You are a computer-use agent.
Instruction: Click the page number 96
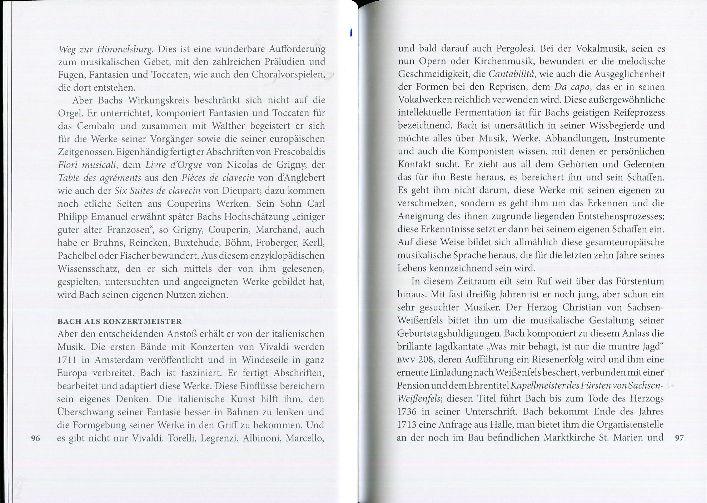[35, 438]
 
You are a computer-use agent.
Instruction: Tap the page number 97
[679, 438]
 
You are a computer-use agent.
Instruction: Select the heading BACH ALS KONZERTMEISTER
[120, 321]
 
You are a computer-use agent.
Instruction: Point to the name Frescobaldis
[299, 152]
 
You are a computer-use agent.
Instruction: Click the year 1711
[67, 360]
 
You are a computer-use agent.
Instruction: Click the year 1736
[407, 412]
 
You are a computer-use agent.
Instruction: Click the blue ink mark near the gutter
[352, 33]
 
